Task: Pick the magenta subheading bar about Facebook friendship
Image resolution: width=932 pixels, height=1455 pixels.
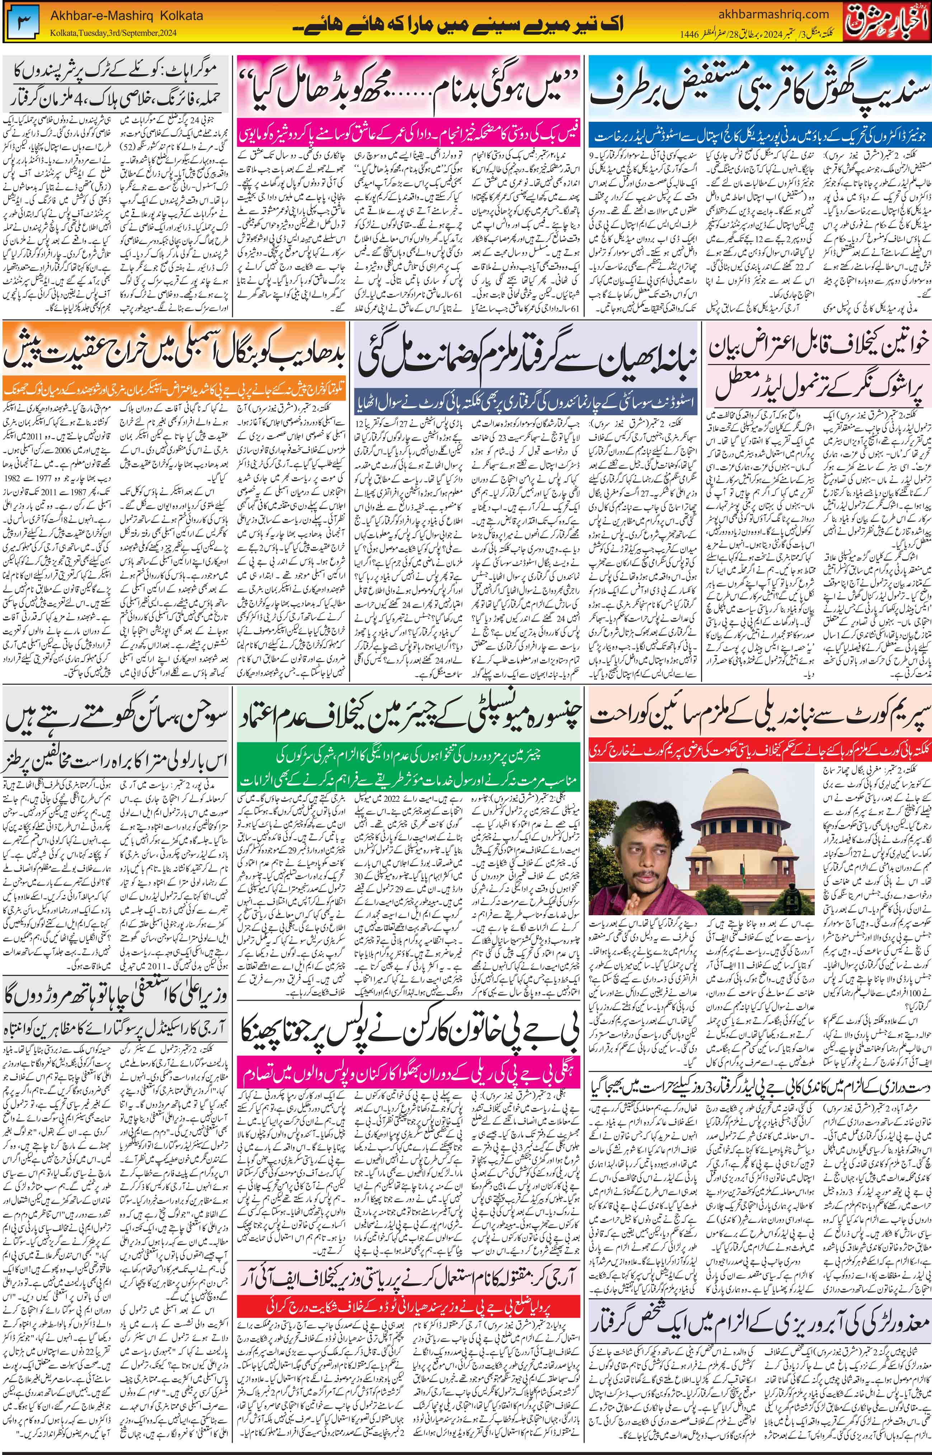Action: (409, 129)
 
